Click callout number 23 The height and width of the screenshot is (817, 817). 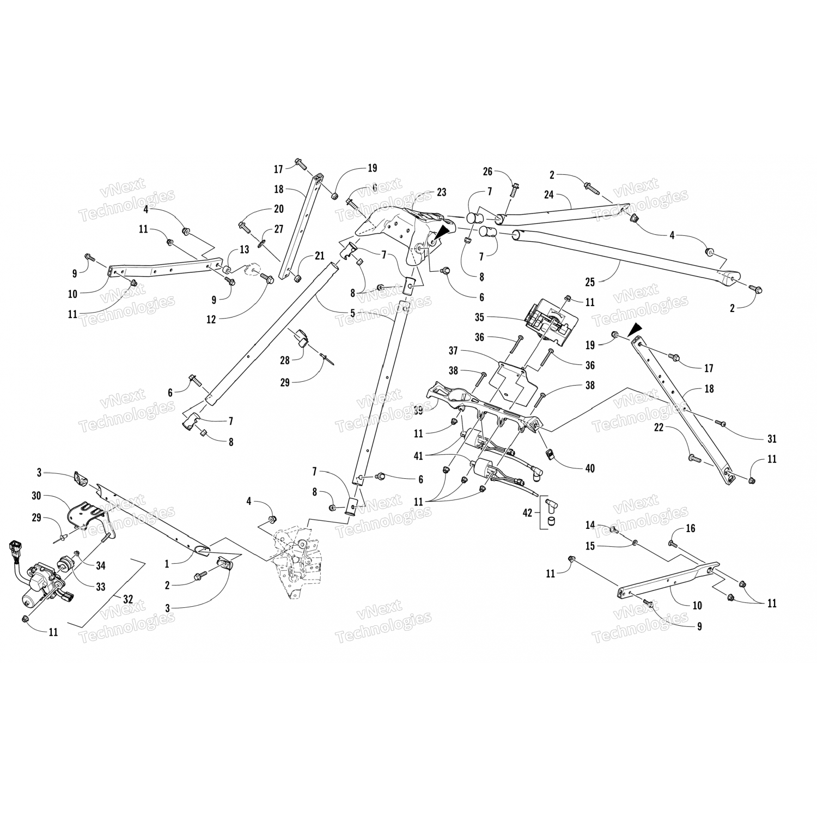point(441,192)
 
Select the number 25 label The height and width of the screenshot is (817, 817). point(590,282)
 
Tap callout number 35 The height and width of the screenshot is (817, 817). point(479,317)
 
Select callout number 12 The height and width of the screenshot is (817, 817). point(211,319)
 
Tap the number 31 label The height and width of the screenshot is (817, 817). point(771,438)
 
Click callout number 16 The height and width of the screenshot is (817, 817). point(691,528)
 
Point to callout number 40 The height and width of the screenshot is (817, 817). point(589,468)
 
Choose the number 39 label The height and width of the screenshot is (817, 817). point(418,410)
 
